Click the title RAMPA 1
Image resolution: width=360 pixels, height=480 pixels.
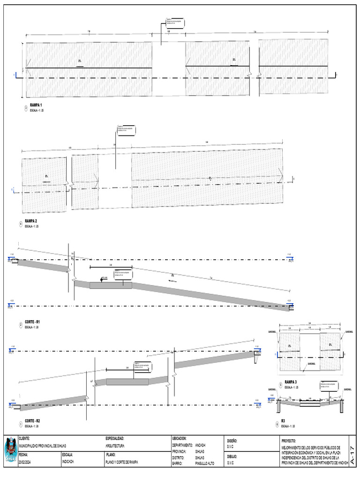click(36, 105)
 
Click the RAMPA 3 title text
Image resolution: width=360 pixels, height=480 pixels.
click(292, 382)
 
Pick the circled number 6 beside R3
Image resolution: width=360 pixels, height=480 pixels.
click(277, 424)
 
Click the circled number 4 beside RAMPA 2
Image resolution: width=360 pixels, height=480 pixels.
click(21, 224)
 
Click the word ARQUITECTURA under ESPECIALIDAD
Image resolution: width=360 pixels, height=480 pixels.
click(115, 446)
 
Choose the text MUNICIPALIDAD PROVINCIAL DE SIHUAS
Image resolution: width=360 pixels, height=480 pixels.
click(42, 446)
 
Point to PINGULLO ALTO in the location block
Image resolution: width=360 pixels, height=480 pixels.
click(204, 463)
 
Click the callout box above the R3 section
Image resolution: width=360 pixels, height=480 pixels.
click(328, 386)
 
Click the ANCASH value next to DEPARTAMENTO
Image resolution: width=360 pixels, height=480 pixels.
click(200, 445)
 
